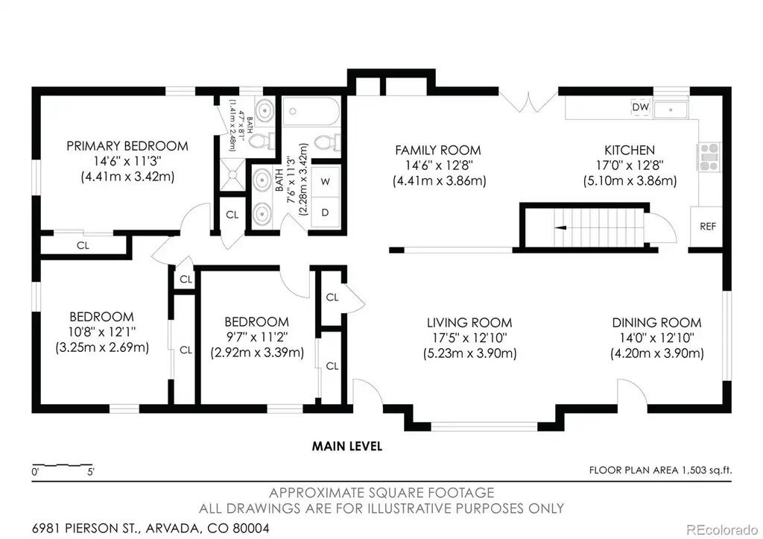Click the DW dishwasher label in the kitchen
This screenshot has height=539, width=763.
640,107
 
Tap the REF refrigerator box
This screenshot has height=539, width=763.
706,227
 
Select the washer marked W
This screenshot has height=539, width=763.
325,182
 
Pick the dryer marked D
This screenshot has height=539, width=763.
325,212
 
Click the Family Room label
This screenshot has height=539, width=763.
438,150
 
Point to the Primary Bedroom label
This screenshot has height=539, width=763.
127,146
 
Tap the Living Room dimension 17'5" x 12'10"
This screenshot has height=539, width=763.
469,338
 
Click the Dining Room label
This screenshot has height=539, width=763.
656,322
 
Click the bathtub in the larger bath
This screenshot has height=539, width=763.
311,112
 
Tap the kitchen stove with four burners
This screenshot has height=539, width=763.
709,157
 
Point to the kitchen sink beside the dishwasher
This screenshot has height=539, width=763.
671,110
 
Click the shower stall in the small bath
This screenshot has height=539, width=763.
232,174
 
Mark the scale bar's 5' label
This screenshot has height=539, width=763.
90,472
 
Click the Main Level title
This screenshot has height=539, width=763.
347,446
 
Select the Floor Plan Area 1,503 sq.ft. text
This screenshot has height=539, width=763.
660,470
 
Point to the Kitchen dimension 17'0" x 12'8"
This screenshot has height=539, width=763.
630,166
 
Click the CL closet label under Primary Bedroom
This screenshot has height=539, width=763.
83,245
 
